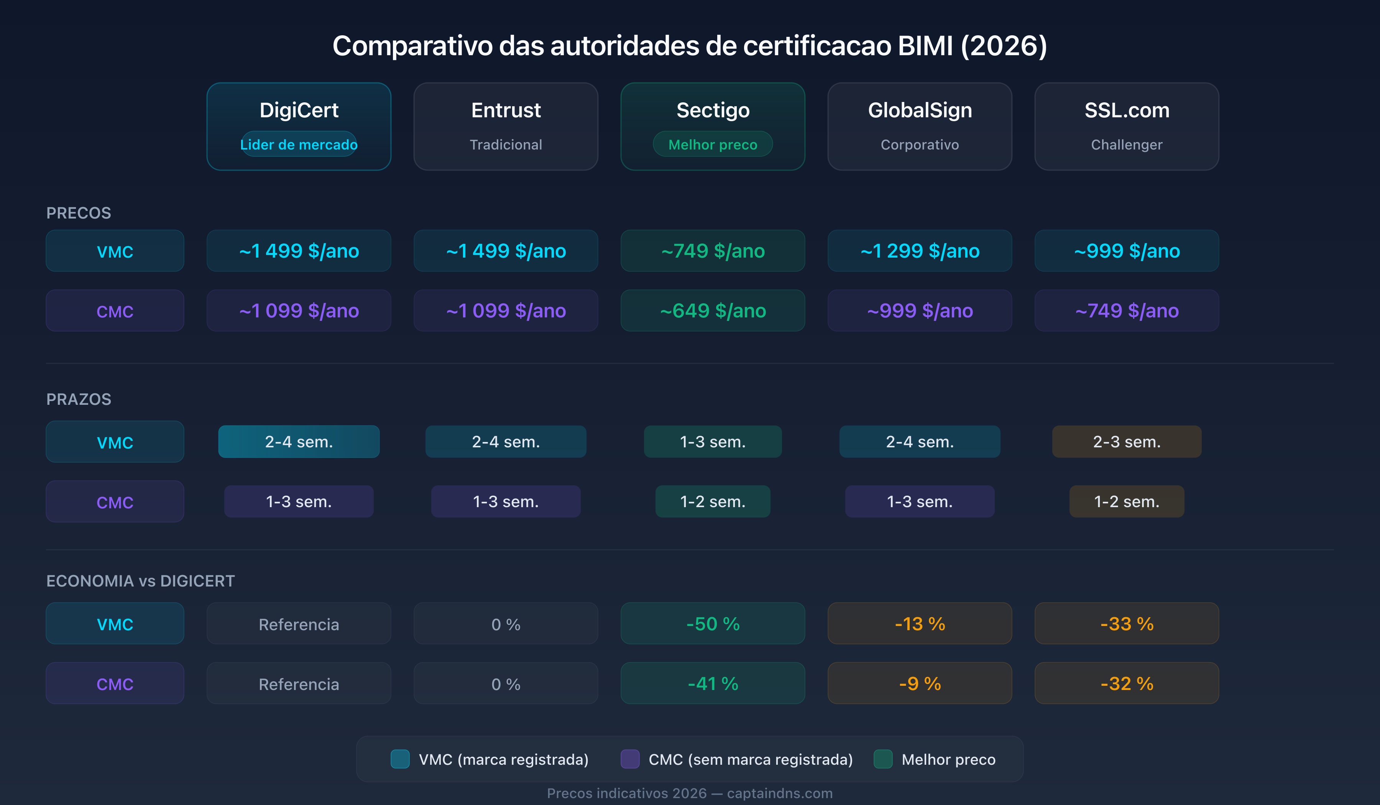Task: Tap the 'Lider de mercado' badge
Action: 299,145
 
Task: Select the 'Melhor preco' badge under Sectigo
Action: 713,145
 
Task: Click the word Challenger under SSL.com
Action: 1127,145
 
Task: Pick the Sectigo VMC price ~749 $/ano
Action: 713,251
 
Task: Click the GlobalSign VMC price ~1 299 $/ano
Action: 920,251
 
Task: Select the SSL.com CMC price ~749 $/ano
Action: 1127,310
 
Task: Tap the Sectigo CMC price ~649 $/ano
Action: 713,310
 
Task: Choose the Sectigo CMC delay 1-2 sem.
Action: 713,502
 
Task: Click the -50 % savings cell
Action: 713,624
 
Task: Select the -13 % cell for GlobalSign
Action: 920,624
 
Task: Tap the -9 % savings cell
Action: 920,683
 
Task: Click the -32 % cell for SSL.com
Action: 1127,683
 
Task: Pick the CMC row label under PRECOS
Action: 115,311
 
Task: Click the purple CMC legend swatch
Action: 630,759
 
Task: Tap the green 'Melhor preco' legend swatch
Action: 883,759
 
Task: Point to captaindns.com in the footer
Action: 779,793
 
